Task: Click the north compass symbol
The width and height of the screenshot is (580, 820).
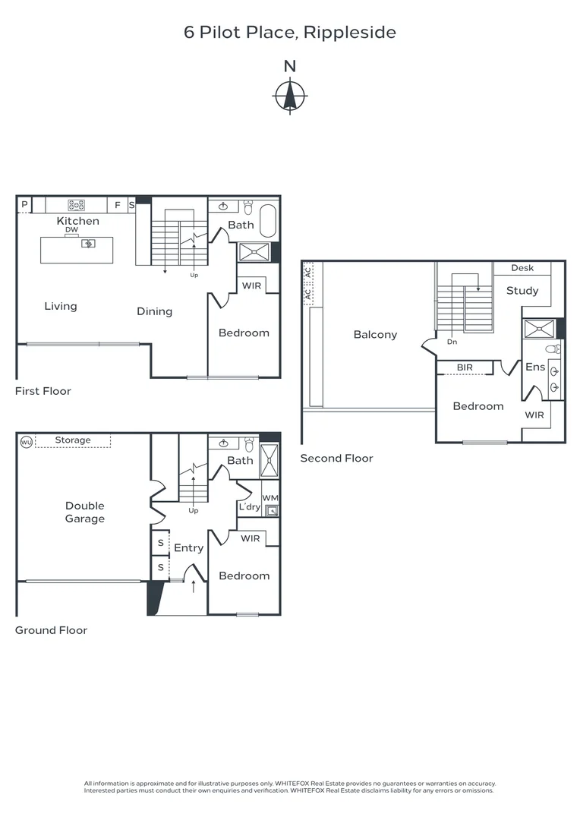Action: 289,96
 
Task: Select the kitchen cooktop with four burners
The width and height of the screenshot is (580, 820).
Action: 77,204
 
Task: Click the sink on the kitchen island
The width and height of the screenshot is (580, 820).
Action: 89,244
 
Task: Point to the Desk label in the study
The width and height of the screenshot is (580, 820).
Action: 522,268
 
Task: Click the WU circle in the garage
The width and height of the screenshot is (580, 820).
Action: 27,441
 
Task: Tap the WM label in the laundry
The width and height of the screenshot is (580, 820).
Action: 270,498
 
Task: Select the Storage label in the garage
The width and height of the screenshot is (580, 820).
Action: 73,440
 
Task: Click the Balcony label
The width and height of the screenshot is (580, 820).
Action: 375,335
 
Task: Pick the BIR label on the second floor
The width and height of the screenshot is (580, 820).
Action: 465,367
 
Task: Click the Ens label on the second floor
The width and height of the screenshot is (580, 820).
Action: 535,367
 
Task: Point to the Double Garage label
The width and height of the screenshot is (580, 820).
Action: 84,512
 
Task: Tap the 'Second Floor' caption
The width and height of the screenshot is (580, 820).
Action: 336,458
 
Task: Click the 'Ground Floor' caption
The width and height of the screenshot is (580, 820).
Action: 51,630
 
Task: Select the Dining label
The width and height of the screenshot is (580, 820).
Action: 154,311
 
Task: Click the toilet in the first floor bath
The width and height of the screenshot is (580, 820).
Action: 248,206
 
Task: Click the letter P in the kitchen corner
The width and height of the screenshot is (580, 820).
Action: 24,204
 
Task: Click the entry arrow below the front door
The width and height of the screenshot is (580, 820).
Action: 194,587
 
